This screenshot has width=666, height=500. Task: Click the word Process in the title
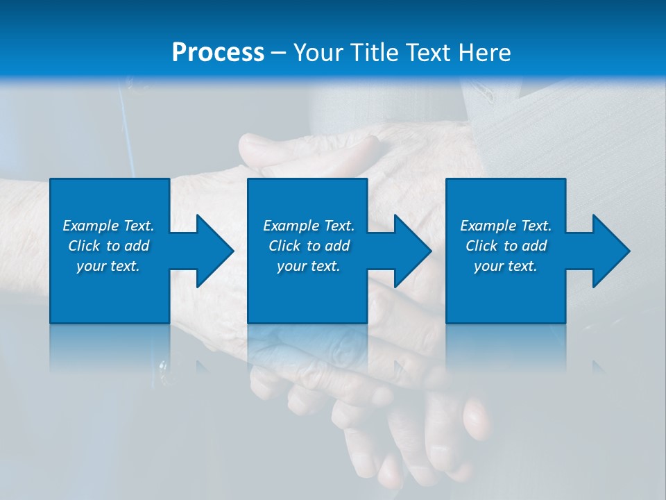[218, 53]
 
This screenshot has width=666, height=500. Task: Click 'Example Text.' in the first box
[108, 226]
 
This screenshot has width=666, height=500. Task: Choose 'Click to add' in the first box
[108, 246]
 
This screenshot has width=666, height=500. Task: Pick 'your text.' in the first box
[108, 266]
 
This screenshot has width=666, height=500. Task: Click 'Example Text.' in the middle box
[309, 226]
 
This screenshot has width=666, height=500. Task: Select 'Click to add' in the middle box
[309, 246]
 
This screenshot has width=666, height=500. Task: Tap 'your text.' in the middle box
[309, 266]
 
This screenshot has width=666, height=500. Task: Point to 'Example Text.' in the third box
[506, 226]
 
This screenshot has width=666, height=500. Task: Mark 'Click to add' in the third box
[506, 246]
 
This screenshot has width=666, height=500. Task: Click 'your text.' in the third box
[506, 266]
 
